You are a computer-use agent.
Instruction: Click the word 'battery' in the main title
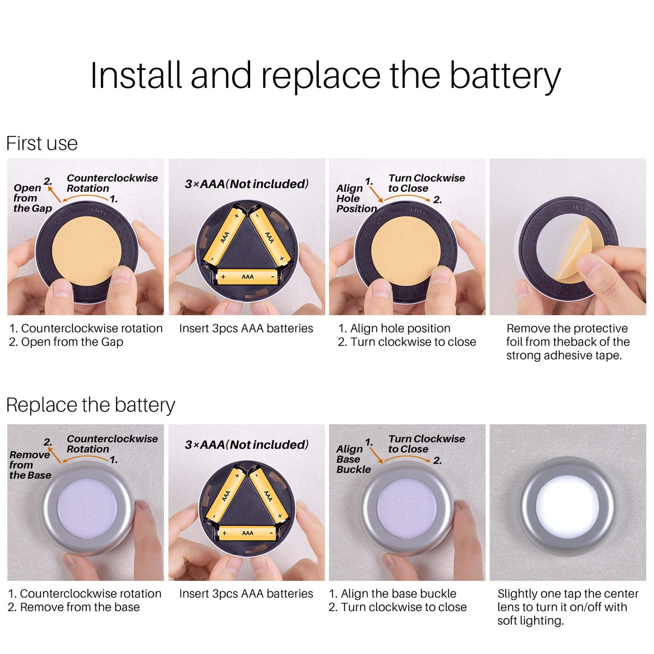pos(505,76)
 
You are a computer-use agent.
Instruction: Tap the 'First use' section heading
pos(42,143)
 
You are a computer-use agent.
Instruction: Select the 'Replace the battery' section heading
pos(90,405)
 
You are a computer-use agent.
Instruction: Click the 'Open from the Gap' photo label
pos(33,198)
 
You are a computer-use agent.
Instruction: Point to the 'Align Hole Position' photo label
pos(356,198)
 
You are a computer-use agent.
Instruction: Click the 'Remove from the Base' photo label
pos(30,465)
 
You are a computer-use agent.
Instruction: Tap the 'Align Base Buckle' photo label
pos(353,459)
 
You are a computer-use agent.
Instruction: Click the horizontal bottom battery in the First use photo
pos(247,277)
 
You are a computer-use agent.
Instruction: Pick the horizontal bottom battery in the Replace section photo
pos(247,533)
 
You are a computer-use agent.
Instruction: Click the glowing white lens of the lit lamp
pos(567,506)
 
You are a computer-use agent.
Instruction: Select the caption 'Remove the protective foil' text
pos(567,329)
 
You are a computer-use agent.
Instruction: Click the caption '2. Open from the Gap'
pos(66,342)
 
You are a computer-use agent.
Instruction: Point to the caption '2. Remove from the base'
pos(74,607)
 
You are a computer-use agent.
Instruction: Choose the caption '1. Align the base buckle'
pos(392,594)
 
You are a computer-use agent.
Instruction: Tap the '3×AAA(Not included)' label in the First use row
pos(247,184)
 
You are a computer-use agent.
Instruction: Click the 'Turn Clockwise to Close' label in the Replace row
pos(427,444)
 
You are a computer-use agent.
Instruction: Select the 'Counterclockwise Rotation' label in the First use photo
pos(112,183)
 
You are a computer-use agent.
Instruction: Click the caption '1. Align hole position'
pos(394,329)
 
